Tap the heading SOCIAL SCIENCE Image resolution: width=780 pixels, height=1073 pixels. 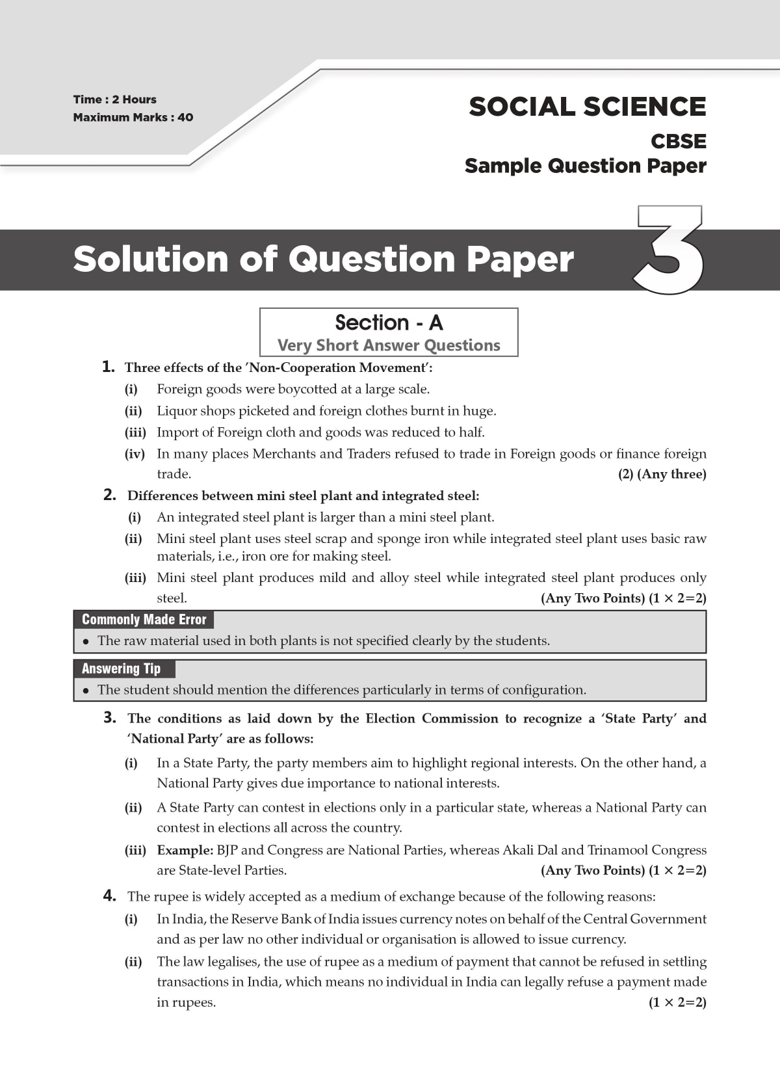point(587,107)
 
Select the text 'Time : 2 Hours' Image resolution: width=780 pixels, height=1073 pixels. point(115,99)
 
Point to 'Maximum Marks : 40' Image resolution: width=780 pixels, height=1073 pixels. point(133,117)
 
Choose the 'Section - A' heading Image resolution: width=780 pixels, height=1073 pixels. point(389,323)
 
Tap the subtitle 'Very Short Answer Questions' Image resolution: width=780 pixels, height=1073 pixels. point(389,345)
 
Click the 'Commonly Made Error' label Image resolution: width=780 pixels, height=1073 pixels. point(144,620)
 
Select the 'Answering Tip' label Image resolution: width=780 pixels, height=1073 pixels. point(121,669)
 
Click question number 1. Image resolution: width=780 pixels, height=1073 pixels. point(109,367)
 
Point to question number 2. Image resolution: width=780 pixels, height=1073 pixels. point(110,495)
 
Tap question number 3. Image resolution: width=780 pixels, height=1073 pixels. point(110,717)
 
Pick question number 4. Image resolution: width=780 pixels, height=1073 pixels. point(110,895)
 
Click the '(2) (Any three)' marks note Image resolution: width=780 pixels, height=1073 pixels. point(662,474)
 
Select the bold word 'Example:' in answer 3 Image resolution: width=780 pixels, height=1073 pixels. point(185,850)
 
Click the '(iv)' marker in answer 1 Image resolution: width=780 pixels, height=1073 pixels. point(135,454)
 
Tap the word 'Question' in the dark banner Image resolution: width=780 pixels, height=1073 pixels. point(372,259)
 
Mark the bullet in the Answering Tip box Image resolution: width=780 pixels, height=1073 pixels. point(86,691)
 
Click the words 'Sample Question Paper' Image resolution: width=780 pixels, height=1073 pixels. point(585,166)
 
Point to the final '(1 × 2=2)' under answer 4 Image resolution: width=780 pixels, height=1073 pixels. point(677,1002)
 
